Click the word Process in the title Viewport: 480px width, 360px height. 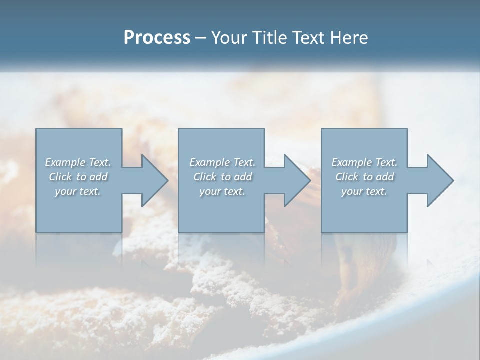(x=157, y=38)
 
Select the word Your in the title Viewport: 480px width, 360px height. (x=228, y=38)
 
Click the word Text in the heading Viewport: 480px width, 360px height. (x=307, y=38)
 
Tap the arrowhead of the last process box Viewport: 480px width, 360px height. (x=439, y=180)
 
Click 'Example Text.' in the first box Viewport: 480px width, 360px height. (x=78, y=162)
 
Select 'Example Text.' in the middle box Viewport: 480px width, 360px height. (x=222, y=162)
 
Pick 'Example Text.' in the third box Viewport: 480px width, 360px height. (x=364, y=162)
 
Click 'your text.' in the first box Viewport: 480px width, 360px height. (x=78, y=191)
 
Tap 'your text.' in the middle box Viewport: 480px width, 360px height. (x=222, y=191)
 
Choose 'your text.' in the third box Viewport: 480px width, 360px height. (x=364, y=191)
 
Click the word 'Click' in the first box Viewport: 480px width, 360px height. (x=60, y=177)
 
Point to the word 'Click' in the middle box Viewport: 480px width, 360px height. (x=205, y=177)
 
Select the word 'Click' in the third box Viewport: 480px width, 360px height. (x=347, y=177)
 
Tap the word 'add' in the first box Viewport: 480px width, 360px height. (x=98, y=177)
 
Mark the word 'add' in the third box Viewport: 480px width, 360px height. (x=385, y=177)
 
